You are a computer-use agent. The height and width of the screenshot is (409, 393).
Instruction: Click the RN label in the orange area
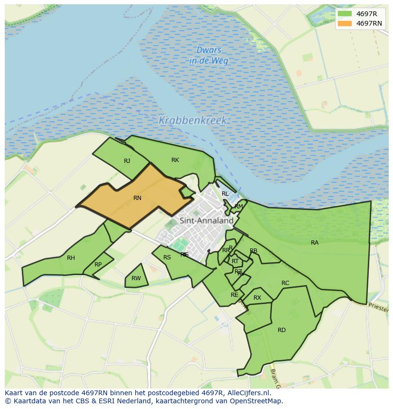137,198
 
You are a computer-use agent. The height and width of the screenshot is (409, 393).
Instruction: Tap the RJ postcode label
127,161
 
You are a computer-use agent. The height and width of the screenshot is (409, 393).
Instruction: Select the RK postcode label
175,160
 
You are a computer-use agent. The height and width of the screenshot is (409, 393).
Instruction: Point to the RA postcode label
315,243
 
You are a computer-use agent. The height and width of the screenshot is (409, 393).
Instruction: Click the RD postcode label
281,330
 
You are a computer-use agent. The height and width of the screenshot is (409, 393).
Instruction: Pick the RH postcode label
71,258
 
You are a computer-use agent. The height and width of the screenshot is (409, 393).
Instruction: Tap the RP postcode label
98,265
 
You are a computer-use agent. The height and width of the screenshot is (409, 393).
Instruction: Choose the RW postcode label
136,278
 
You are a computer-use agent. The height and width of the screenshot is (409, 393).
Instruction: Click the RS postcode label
167,257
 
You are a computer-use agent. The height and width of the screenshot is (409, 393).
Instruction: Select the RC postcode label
285,283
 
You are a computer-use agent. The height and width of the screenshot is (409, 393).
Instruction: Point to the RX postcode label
257,298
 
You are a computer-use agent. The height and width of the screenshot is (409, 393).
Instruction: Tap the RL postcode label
225,194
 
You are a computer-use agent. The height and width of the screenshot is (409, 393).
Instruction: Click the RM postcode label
239,206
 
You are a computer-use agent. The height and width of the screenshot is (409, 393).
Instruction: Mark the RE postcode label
234,295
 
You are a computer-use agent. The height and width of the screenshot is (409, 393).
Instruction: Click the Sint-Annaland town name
206,220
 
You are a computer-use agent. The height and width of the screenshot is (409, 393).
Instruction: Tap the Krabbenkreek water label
193,120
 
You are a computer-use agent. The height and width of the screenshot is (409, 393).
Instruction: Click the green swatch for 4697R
345,14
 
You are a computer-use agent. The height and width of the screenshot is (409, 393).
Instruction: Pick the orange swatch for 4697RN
345,23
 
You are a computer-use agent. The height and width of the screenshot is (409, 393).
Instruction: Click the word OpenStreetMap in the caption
256,400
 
